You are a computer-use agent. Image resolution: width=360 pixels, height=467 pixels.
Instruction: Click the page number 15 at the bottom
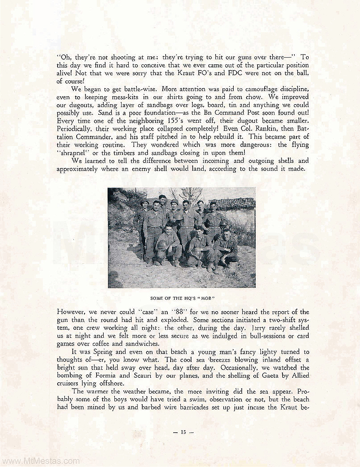(183, 432)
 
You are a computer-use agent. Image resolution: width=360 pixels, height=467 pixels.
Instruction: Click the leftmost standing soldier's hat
(144, 202)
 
